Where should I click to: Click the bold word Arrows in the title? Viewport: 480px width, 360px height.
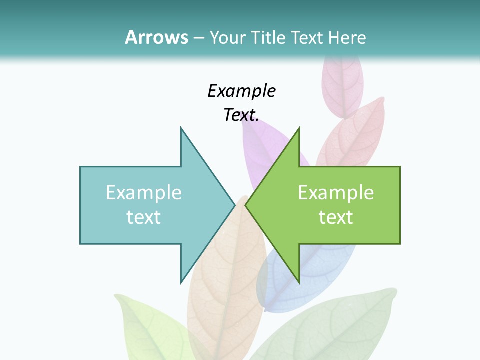click(156, 37)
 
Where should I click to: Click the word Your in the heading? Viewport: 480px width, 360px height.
click(228, 37)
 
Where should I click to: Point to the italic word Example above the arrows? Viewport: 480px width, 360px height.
click(241, 91)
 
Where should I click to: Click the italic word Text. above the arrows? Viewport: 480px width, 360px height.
click(241, 115)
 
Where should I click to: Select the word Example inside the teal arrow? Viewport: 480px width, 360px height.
click(144, 192)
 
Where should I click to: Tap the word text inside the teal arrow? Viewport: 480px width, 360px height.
click(144, 217)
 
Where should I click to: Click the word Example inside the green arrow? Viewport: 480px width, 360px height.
click(336, 192)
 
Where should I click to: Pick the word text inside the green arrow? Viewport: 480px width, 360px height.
click(336, 217)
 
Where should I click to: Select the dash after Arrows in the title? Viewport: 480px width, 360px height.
click(198, 38)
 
